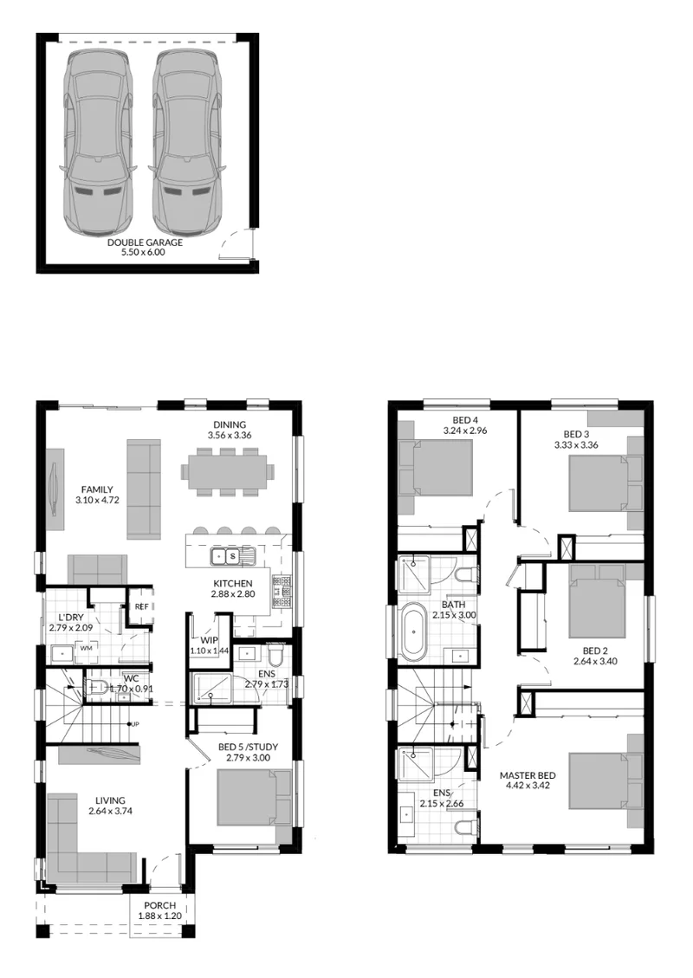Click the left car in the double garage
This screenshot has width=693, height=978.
click(99, 143)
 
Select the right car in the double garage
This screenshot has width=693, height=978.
click(186, 143)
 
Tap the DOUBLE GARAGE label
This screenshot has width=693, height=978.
click(145, 242)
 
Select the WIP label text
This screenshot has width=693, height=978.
click(209, 640)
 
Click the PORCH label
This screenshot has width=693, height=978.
click(159, 905)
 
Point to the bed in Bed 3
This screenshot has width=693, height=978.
click(597, 484)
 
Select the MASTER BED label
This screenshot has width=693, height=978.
click(528, 776)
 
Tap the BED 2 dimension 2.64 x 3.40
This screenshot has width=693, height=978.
click(596, 661)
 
